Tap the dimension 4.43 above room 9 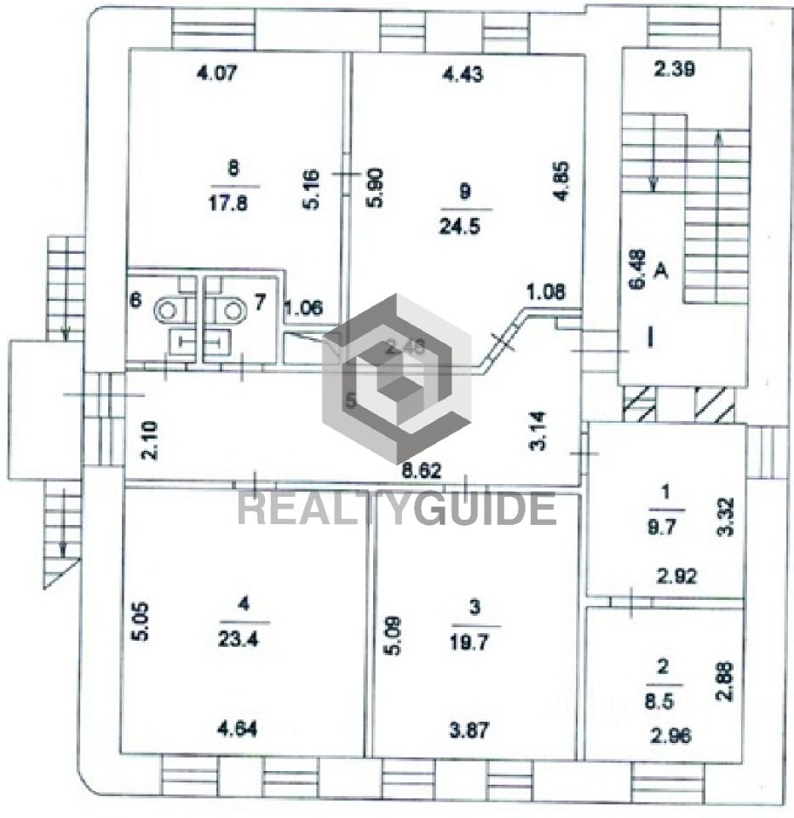click(463, 74)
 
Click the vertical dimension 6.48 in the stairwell click(636, 270)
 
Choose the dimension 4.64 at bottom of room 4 click(237, 729)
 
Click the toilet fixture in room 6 click(168, 309)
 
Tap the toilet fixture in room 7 click(227, 309)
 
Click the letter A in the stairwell click(660, 272)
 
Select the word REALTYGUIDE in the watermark click(396, 509)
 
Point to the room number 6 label click(135, 301)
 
